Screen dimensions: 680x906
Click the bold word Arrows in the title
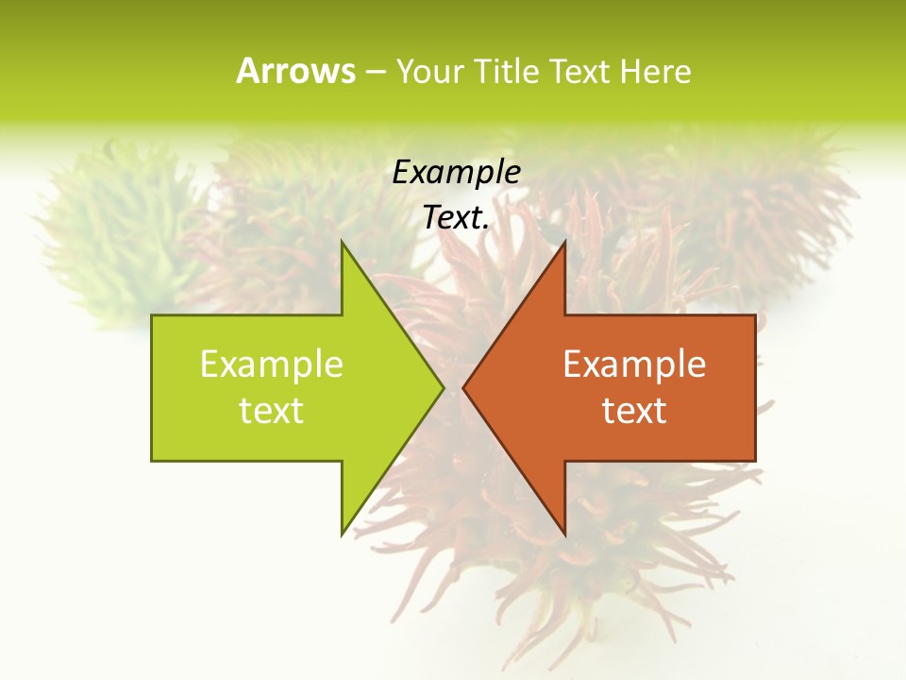[295, 71]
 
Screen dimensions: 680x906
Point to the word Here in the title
[655, 71]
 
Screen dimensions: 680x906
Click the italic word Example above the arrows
[456, 172]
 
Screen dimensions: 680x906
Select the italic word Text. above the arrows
[456, 217]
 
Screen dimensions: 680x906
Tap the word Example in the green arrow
[272, 365]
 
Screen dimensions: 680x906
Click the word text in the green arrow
[272, 411]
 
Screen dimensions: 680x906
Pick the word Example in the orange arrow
[634, 365]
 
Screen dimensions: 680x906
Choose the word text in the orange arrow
[634, 411]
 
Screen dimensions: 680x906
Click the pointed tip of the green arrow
[443, 387]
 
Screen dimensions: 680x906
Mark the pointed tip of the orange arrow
[464, 387]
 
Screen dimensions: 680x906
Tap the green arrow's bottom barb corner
[342, 535]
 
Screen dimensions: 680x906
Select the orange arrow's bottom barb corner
[564, 535]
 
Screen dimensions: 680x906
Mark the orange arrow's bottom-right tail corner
[755, 461]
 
